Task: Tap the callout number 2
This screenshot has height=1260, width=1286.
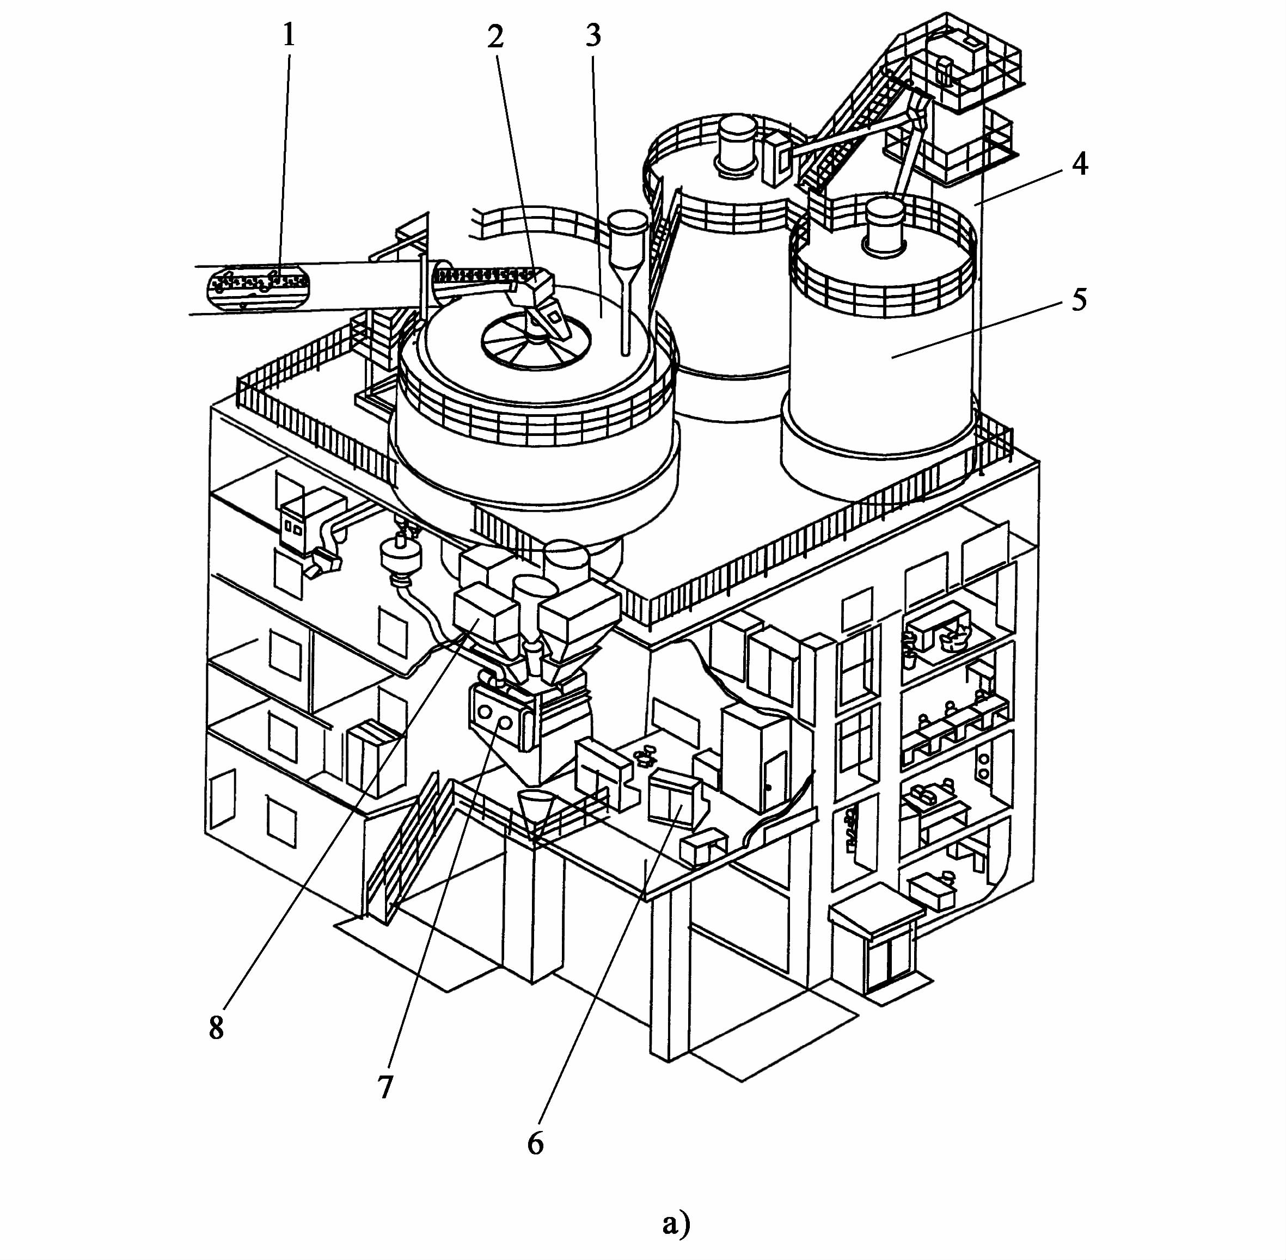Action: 495,37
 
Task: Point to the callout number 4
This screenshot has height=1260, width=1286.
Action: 1080,163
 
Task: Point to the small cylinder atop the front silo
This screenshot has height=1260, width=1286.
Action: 885,224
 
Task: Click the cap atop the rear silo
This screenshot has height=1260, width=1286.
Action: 734,145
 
